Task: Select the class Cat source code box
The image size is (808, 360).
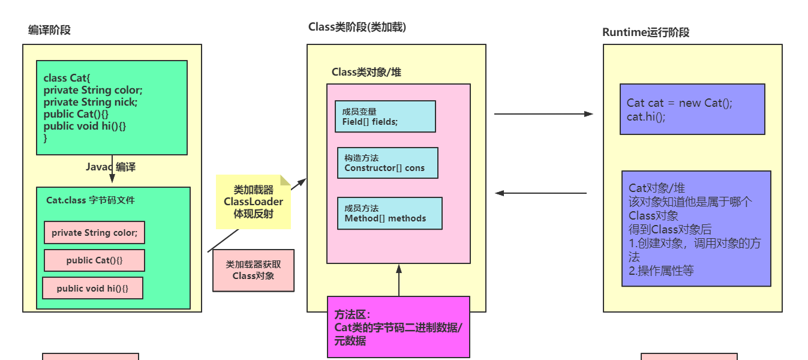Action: tap(112, 107)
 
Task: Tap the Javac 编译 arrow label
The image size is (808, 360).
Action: tap(111, 167)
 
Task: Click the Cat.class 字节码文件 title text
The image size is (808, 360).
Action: tap(91, 200)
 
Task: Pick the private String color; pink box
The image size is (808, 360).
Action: tap(94, 233)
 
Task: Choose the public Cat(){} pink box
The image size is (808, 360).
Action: tap(94, 260)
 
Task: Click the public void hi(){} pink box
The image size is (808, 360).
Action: tap(93, 288)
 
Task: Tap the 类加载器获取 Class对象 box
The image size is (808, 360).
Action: tap(253, 270)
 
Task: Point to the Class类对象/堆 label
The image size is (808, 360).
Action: tap(367, 73)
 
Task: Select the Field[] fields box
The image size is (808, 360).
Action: tap(385, 116)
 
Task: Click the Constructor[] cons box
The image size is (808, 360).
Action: tap(388, 163)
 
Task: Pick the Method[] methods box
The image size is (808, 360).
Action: tap(389, 213)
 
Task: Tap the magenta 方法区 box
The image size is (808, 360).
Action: tap(398, 327)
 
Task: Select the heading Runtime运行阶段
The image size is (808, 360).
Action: tap(645, 32)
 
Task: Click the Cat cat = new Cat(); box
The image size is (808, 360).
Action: tap(692, 109)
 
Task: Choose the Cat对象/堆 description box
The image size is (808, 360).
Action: tap(696, 229)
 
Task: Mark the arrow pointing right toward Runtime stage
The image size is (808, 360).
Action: tap(543, 114)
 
